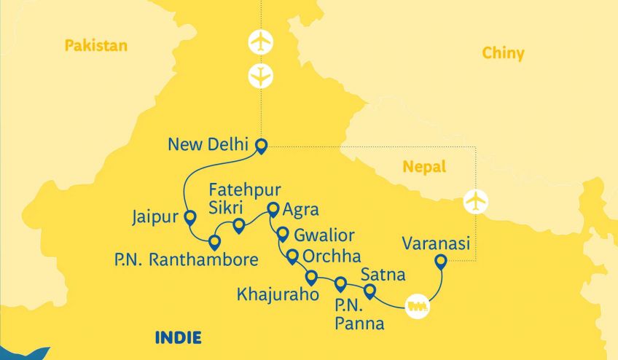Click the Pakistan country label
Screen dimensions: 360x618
[x=95, y=46]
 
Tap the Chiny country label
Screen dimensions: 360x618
[x=503, y=53]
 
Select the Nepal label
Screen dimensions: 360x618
[x=424, y=168]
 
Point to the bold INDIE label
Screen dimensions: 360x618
[x=178, y=337]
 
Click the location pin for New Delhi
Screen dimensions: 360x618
[x=260, y=146]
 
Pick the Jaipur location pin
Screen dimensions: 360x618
[x=190, y=217]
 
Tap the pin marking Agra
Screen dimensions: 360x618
[x=273, y=210]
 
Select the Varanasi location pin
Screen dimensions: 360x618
[x=440, y=262]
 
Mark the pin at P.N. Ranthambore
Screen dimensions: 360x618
[x=214, y=241]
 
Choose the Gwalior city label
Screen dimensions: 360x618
[x=324, y=235]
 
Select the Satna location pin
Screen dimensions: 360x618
[x=369, y=292]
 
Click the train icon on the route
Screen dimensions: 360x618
[x=418, y=305]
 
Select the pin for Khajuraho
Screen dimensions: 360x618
[x=311, y=278]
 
